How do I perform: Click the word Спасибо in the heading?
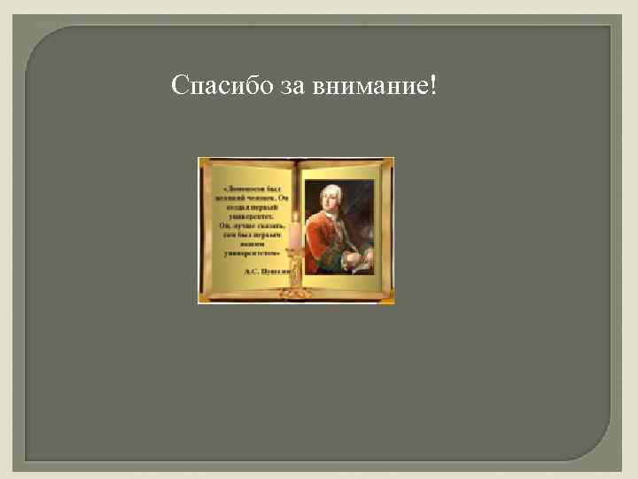click(214, 86)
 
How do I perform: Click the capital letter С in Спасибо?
click(179, 86)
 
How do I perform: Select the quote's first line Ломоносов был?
click(252, 189)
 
